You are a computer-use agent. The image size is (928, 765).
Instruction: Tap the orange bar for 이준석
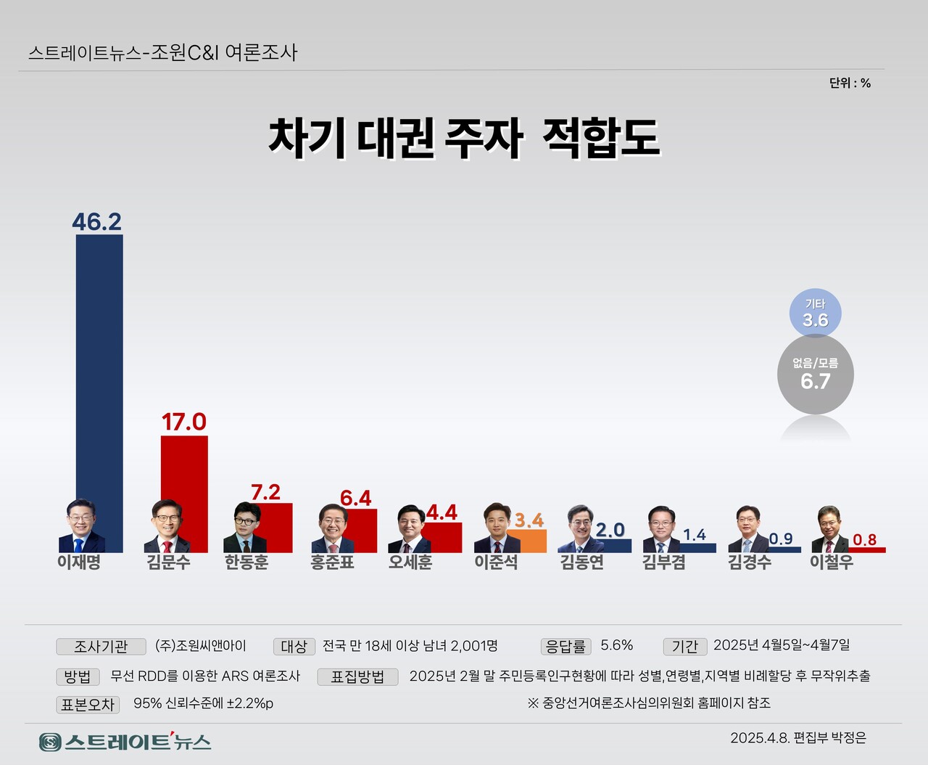[526, 541]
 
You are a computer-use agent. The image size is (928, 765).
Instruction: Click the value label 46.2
[96, 221]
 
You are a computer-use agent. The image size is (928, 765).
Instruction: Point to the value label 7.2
[265, 492]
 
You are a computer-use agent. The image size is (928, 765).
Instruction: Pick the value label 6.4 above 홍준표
[356, 498]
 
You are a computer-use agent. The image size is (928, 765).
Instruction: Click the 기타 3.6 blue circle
[815, 314]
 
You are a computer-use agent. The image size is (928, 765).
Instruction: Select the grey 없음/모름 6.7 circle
[815, 375]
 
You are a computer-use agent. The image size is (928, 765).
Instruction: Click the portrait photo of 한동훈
[244, 526]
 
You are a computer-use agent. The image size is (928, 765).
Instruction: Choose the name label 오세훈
[410, 562]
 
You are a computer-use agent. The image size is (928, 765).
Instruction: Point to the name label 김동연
[582, 562]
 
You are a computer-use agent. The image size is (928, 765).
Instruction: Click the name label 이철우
[832, 562]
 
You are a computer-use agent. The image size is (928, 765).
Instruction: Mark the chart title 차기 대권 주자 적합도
[464, 137]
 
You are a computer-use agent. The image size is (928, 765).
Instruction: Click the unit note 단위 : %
[850, 83]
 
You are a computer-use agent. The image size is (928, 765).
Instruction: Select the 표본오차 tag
[88, 704]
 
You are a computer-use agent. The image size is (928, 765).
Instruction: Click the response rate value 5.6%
[617, 645]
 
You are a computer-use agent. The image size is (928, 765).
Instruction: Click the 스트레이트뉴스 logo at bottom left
[125, 742]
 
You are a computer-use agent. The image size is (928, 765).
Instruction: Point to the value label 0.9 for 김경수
[781, 539]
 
